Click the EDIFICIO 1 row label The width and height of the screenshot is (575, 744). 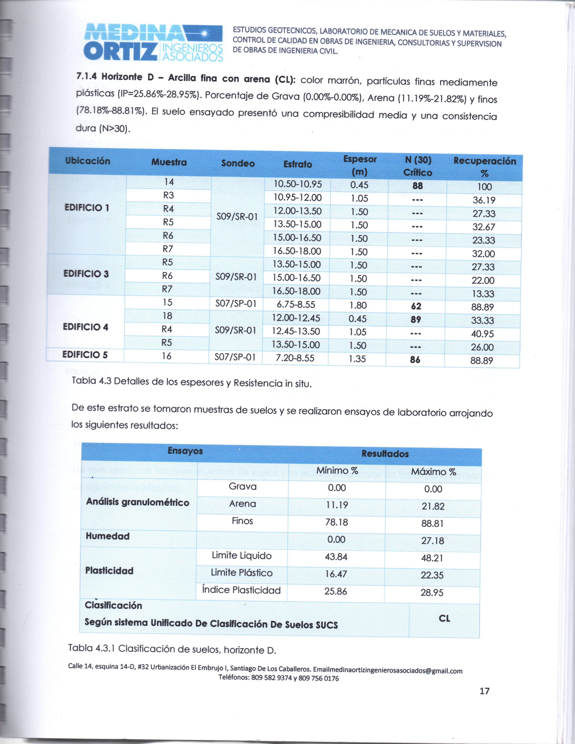click(x=87, y=208)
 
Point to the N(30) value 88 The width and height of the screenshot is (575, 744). click(x=418, y=186)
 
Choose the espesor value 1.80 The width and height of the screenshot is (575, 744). click(x=358, y=305)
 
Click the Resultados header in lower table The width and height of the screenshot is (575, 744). click(x=385, y=454)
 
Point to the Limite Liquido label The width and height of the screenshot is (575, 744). click(x=241, y=556)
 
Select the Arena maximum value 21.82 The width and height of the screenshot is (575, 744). click(x=433, y=506)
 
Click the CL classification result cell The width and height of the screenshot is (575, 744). click(x=444, y=619)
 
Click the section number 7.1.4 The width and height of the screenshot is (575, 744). click(x=87, y=77)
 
